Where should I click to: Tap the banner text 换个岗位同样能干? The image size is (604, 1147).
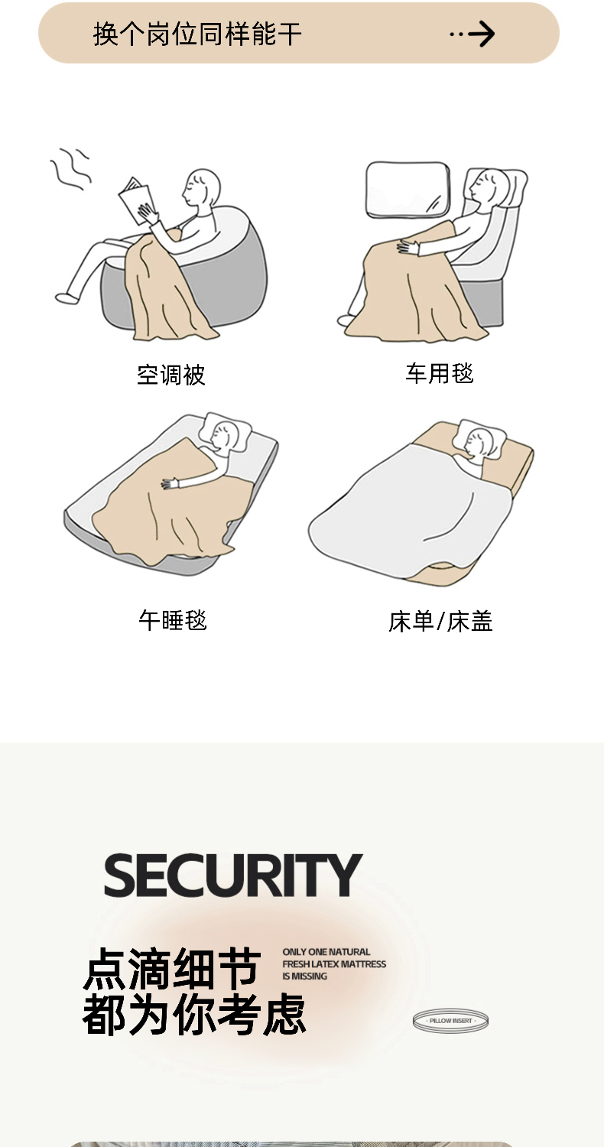pos(197,34)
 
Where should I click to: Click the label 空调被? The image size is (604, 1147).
pos(171,375)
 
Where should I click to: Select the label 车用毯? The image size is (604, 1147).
pos(440,373)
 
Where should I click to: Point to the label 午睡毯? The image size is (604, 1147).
pos(173,620)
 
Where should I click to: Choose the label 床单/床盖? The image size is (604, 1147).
pos(440,621)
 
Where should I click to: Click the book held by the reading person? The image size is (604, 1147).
pos(135,200)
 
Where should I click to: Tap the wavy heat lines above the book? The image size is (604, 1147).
pos(70,168)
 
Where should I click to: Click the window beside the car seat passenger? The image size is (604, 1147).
pos(408,189)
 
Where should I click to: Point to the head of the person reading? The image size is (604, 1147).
pos(203,187)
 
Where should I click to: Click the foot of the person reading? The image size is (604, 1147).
pos(67,297)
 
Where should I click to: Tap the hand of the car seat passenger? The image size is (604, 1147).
pos(408,247)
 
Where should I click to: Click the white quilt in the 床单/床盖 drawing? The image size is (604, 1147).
pos(410,512)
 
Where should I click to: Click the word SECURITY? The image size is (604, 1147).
pos(233,875)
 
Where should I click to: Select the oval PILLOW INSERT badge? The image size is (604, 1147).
pos(450,1021)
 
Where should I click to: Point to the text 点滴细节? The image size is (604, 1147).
pos(172,968)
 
